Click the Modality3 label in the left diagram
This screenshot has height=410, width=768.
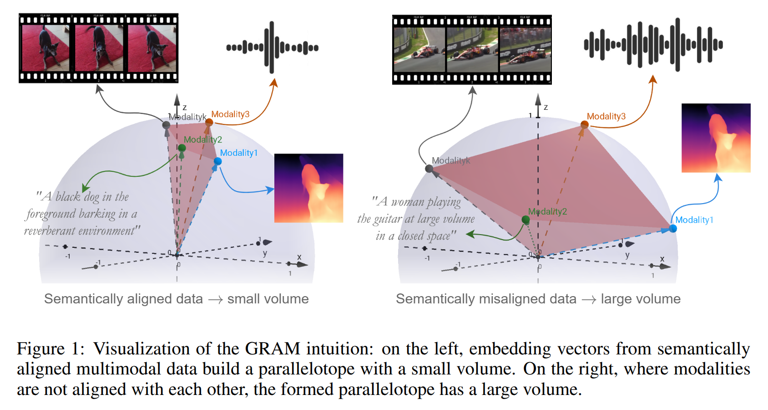[230, 114]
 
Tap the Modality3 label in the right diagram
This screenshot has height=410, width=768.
[606, 117]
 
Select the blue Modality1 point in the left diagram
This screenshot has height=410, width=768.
[217, 161]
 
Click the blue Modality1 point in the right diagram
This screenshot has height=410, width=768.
[673, 228]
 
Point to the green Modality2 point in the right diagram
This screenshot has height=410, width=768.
[526, 220]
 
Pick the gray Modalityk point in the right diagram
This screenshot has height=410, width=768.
[429, 169]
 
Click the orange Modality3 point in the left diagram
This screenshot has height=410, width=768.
[209, 122]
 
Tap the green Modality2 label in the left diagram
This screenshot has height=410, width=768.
[203, 140]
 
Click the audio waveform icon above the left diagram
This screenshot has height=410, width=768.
[272, 47]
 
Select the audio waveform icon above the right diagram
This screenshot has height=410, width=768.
[653, 45]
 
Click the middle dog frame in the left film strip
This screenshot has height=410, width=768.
[99, 48]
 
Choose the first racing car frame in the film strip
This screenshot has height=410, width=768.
[419, 49]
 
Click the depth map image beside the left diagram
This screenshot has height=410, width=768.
[308, 188]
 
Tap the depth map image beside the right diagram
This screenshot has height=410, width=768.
[716, 138]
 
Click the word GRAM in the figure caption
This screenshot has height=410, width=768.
[273, 349]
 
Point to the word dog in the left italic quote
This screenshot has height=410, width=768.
[91, 197]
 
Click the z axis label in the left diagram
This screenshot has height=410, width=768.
[185, 108]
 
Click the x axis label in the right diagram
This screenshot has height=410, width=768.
[662, 259]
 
